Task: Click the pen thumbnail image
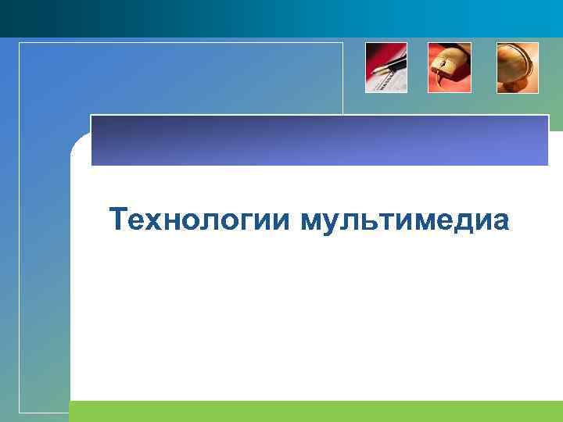(x=386, y=68)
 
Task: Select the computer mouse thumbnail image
(x=450, y=68)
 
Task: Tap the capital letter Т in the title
(x=118, y=220)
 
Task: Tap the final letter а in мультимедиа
(x=500, y=222)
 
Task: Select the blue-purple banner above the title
(x=320, y=141)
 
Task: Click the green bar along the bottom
(x=313, y=411)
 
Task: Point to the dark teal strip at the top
(x=281, y=17)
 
